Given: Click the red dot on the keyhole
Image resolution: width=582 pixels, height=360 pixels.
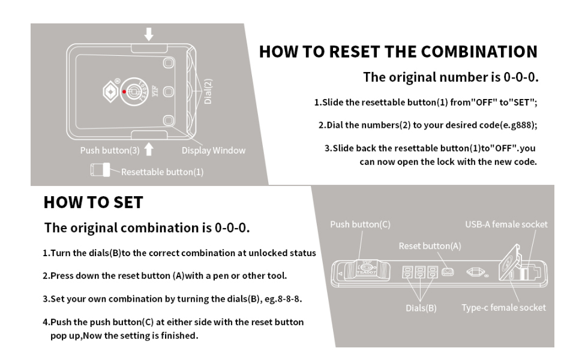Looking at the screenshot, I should point(124,92).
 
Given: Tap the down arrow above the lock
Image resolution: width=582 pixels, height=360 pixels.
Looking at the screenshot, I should point(149,34).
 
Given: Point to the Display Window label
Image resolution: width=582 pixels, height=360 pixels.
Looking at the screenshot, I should point(214,151).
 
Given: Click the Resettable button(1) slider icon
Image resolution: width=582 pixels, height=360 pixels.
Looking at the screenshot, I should point(100,170).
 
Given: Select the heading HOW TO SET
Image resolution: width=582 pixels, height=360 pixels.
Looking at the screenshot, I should point(93,202).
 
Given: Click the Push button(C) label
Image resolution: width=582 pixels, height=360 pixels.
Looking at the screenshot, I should point(360,224).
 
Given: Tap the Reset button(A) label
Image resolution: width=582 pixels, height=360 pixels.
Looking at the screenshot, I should point(430,246).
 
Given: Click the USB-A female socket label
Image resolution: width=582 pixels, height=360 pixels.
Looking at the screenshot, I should point(506,224).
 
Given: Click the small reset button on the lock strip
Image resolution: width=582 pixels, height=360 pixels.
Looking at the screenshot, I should point(447,272).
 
